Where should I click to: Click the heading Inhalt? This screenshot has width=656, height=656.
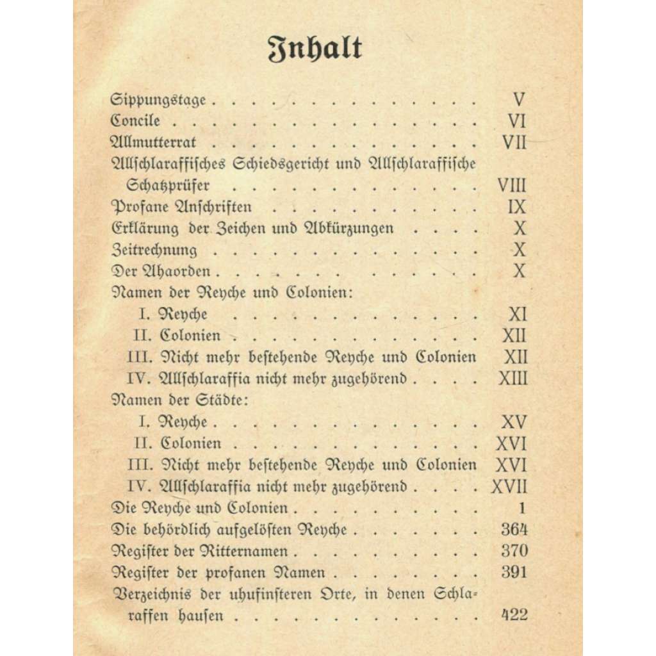315,50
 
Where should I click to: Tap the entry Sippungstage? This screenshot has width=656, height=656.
158,100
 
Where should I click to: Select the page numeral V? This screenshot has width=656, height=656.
519,100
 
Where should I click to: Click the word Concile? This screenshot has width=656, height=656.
135,120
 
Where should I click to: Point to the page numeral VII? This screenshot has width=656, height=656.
514,142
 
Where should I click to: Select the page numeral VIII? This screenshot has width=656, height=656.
512,186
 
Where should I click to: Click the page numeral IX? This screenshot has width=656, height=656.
516,207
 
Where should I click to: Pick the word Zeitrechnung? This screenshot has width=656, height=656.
154,250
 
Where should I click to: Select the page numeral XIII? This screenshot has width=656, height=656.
512,379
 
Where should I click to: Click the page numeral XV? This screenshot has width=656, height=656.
514,422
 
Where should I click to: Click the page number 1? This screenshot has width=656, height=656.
522,509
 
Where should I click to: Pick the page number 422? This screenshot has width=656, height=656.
512,616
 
